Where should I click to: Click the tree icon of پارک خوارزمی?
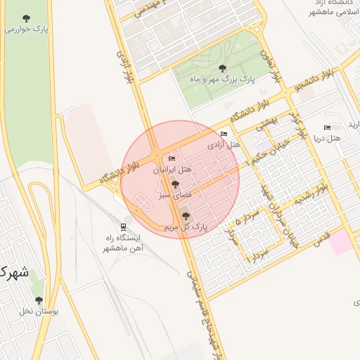click(27, 18)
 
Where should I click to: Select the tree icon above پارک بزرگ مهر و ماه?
click(223, 68)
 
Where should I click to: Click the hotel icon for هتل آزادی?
click(224, 134)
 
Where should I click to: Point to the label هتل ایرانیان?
click(172, 170)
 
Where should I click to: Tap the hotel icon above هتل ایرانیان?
click(172, 160)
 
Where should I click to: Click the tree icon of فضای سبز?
click(176, 185)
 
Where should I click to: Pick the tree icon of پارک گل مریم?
click(186, 216)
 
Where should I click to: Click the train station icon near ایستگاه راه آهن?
click(124, 226)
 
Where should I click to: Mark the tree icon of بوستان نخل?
click(39, 300)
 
